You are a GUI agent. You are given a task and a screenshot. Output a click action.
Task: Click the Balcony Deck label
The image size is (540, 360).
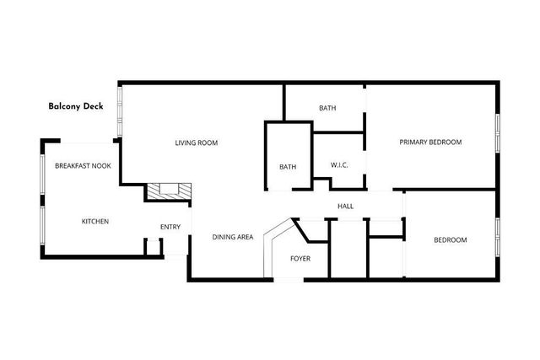pyautogui.click(x=76, y=107)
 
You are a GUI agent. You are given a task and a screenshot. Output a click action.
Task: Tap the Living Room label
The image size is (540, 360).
pyautogui.click(x=197, y=143)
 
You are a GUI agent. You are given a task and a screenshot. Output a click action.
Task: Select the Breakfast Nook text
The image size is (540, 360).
pyautogui.click(x=84, y=167)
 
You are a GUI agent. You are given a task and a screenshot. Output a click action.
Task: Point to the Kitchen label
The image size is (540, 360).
pyautogui.click(x=94, y=222)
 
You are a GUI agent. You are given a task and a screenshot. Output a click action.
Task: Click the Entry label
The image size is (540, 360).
pyautogui.click(x=170, y=226)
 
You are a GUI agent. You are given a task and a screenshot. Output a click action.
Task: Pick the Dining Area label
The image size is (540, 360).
pyautogui.click(x=233, y=238)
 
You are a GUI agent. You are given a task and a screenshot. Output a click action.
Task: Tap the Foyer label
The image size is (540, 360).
pyautogui.click(x=301, y=258)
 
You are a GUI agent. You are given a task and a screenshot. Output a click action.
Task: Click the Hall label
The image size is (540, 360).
pyautogui.click(x=345, y=207)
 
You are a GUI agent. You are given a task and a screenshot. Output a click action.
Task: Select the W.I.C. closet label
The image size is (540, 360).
pyautogui.click(x=340, y=164)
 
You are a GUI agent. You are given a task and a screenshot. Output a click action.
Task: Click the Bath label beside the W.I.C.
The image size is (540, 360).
pyautogui.click(x=288, y=167)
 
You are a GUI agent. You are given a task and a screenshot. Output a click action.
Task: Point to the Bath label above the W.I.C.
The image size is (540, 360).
pyautogui.click(x=328, y=108)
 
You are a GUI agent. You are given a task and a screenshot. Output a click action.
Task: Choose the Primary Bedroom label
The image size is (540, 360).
pyautogui.click(x=430, y=142)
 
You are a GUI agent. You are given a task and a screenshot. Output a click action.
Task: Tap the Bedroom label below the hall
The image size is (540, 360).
pyautogui.click(x=450, y=240)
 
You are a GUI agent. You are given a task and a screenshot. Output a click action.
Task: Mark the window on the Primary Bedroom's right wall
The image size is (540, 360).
pyautogui.click(x=498, y=135)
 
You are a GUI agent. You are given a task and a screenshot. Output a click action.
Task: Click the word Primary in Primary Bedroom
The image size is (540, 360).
pyautogui.click(x=413, y=142)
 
